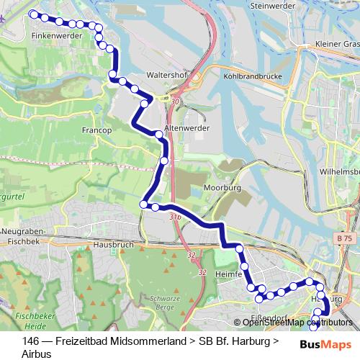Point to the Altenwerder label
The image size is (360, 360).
186,127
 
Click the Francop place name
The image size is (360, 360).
97,130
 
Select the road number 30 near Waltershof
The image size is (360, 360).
175,102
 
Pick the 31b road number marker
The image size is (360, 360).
175,216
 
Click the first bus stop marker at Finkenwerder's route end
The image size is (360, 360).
32,14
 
